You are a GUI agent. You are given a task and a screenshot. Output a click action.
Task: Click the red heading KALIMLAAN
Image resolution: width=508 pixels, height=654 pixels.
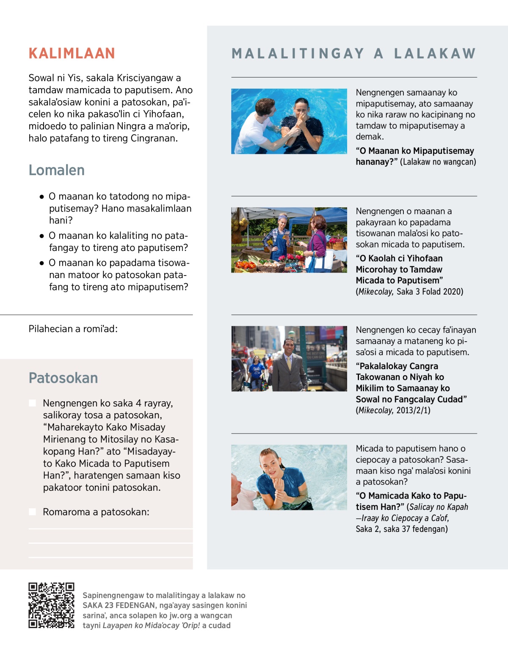tap(72, 53)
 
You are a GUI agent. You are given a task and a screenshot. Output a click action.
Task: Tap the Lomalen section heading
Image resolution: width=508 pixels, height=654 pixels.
tap(56, 170)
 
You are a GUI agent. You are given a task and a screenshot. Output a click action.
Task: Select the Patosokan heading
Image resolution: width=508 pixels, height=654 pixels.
tap(63, 378)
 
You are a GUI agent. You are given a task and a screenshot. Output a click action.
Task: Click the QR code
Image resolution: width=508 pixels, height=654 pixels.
tap(51, 605)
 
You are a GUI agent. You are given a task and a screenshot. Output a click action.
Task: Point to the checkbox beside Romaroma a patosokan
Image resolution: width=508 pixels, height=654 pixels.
tap(32, 512)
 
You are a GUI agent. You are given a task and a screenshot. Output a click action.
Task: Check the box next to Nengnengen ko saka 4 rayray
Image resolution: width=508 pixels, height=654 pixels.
tap(32, 403)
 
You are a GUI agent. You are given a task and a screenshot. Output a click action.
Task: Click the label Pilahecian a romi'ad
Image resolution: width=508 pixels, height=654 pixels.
tap(73, 329)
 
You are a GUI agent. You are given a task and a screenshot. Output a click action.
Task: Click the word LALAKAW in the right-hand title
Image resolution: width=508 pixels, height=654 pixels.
tap(435, 53)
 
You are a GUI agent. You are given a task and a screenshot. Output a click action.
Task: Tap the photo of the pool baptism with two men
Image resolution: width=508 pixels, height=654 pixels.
tap(289, 121)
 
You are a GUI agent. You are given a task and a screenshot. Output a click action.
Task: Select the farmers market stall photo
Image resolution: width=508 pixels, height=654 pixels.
tap(289, 240)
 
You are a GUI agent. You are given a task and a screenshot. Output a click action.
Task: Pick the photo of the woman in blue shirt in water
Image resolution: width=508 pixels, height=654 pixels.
tap(289, 477)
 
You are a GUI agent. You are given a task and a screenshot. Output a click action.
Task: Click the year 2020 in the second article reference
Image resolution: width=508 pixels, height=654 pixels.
tap(453, 292)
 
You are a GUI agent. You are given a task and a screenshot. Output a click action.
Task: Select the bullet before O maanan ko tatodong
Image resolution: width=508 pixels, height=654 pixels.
tap(41, 197)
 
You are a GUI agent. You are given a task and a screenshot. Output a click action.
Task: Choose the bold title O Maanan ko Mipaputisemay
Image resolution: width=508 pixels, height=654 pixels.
tap(415, 151)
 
